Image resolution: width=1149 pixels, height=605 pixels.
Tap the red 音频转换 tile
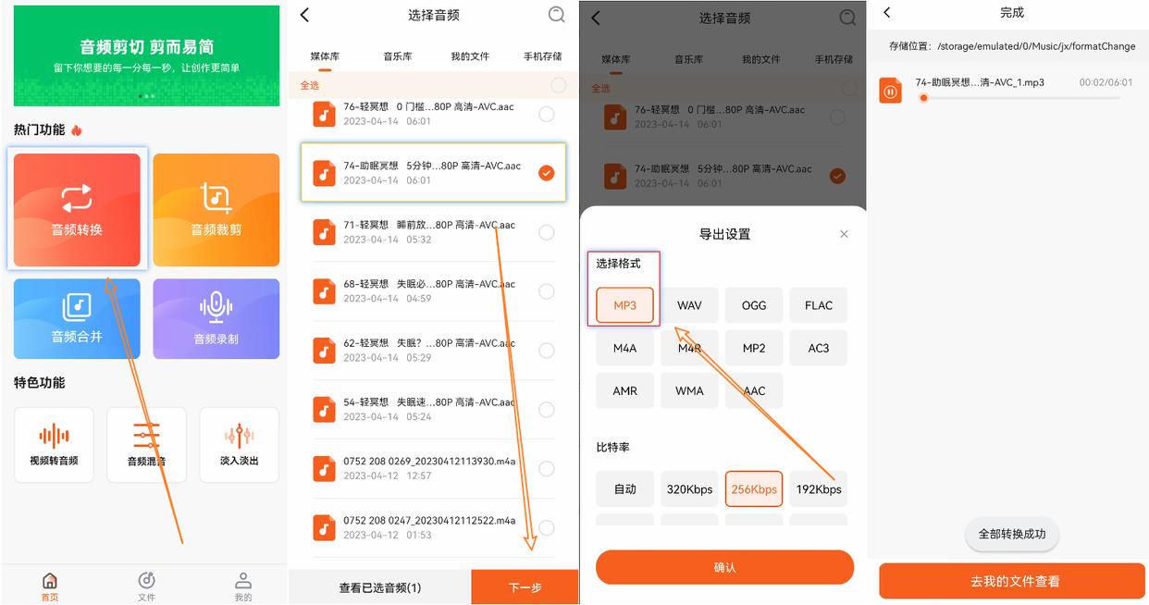(77, 210)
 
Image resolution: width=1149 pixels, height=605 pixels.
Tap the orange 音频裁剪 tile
(216, 210)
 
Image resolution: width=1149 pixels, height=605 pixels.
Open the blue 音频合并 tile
(77, 318)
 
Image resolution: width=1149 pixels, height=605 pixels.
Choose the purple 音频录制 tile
(216, 318)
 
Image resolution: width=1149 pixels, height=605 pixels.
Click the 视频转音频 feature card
(54, 445)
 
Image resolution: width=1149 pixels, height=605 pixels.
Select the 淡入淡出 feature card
(239, 445)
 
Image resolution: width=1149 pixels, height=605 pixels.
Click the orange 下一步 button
(525, 587)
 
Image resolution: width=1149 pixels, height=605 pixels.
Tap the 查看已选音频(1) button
(379, 587)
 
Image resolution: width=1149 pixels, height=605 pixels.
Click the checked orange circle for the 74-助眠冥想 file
(547, 173)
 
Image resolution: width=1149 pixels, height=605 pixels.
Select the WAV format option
(689, 305)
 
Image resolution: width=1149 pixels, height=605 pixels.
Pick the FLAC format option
(818, 305)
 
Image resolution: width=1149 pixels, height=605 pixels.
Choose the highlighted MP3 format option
(624, 305)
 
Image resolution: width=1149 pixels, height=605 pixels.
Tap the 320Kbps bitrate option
(689, 489)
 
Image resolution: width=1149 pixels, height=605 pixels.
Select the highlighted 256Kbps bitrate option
(754, 489)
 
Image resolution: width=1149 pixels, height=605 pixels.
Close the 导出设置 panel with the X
(844, 234)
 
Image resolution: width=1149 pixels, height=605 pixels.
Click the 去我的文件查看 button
(1012, 581)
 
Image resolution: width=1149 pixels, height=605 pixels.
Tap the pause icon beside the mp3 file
(891, 91)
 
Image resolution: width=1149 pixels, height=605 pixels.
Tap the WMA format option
(689, 390)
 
